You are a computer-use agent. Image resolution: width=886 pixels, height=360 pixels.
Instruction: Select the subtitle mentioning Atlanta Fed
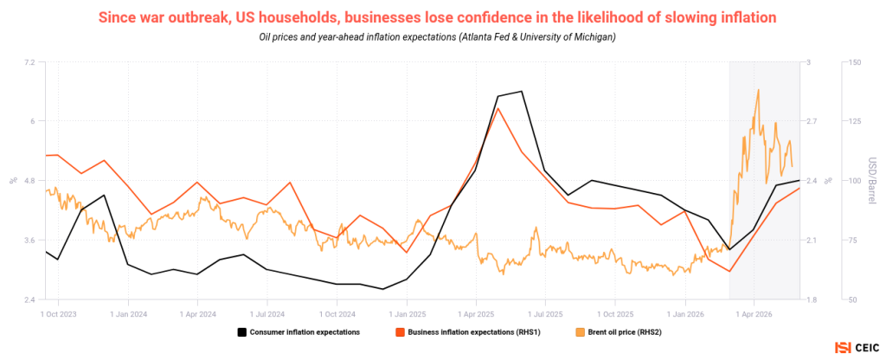pyautogui.click(x=437, y=37)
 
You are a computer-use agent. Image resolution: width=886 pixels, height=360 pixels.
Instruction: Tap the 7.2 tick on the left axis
pyautogui.click(x=29, y=61)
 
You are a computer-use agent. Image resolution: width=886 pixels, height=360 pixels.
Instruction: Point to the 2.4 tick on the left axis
pyautogui.click(x=29, y=299)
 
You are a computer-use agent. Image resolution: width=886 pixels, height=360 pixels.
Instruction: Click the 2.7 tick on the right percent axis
pyautogui.click(x=813, y=121)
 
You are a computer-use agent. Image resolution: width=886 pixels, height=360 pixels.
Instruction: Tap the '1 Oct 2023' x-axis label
pyautogui.click(x=59, y=312)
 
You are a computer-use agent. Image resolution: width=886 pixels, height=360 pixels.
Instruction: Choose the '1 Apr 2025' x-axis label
pyautogui.click(x=476, y=312)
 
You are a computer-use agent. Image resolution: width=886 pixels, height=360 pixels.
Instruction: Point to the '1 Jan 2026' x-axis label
pyautogui.click(x=685, y=312)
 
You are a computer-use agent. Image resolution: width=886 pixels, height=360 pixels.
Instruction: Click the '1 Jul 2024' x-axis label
pyautogui.click(x=266, y=312)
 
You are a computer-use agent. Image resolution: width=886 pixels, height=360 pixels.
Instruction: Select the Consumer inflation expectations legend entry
pyautogui.click(x=299, y=332)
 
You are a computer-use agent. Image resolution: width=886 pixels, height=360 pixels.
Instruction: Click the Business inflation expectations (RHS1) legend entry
pyautogui.click(x=468, y=332)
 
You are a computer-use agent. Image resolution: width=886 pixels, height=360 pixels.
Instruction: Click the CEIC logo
pyautogui.click(x=856, y=348)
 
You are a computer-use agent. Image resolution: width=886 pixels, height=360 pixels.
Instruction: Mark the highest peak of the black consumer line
pyautogui.click(x=521, y=91)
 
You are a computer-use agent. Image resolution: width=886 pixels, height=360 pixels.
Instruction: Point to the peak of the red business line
pyautogui.click(x=498, y=107)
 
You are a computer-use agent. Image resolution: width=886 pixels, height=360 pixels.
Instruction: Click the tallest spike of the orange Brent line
pyautogui.click(x=758, y=89)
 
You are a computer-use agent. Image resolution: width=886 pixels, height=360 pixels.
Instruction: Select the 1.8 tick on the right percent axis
pyautogui.click(x=813, y=299)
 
